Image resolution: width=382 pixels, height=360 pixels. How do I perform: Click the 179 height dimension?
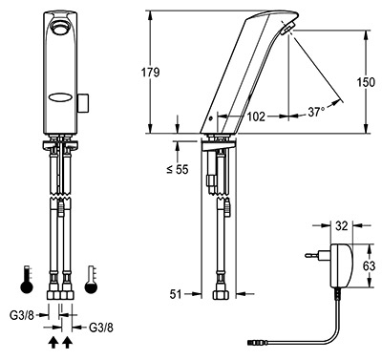150,73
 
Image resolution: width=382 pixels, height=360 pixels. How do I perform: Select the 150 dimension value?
365,82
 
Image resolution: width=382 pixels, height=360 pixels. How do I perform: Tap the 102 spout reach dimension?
256,116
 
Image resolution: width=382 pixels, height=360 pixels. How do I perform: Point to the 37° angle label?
316,112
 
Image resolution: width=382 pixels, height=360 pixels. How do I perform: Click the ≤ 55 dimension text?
178,170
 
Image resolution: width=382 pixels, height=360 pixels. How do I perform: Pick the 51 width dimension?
175,294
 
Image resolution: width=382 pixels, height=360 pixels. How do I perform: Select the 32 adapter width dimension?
342,226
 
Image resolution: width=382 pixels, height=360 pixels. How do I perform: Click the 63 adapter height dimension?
369,265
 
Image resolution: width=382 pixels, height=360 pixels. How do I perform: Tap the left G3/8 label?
22,315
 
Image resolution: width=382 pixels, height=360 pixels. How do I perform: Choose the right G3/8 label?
101,328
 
